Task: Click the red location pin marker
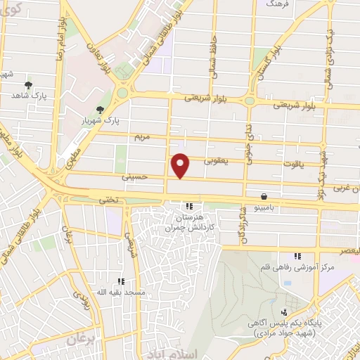pyautogui.click(x=181, y=165)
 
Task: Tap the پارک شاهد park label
pyautogui.click(x=29, y=96)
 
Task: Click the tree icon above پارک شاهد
pyautogui.click(x=28, y=84)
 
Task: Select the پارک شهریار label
pyautogui.click(x=103, y=120)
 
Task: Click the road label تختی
pyautogui.click(x=106, y=199)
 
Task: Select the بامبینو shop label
pyautogui.click(x=263, y=208)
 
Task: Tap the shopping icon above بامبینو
pyautogui.click(x=263, y=197)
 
